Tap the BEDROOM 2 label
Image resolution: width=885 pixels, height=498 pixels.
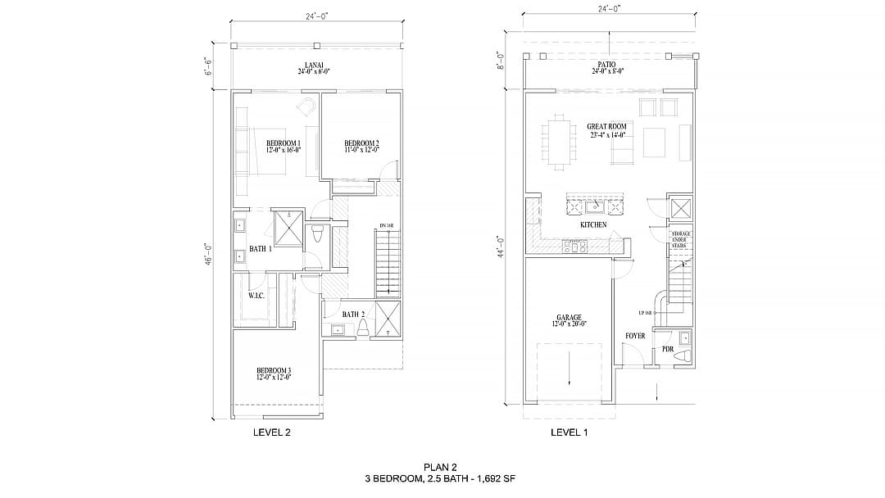(x=361, y=143)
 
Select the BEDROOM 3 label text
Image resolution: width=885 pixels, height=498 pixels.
(x=274, y=370)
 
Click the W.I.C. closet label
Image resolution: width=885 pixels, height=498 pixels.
(x=256, y=295)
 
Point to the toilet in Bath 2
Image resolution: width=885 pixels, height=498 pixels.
(x=362, y=328)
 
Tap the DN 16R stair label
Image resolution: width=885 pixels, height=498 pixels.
(x=387, y=225)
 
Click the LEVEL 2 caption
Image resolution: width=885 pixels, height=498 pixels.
(x=271, y=432)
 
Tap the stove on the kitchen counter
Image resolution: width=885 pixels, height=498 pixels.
(x=574, y=245)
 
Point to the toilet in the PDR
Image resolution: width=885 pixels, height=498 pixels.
(x=686, y=355)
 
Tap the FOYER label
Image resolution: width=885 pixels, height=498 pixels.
(x=635, y=336)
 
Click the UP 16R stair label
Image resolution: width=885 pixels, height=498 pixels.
(x=646, y=314)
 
